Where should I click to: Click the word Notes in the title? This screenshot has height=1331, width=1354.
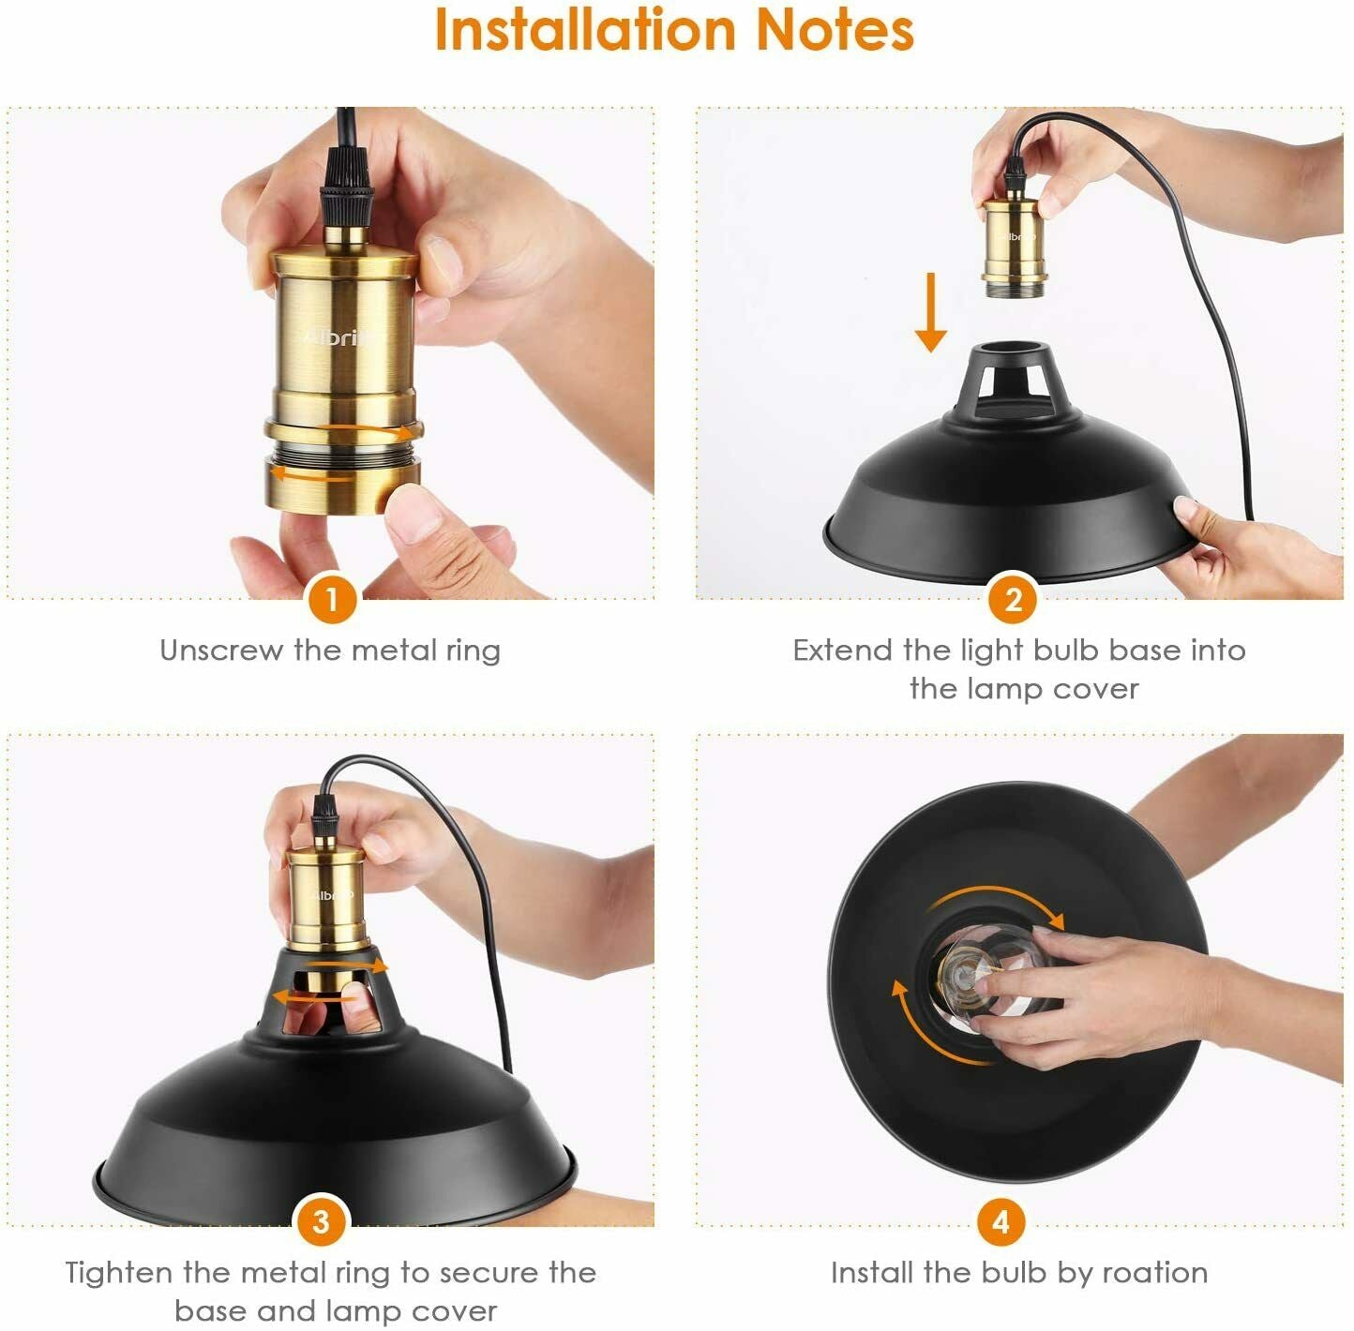pos(834,30)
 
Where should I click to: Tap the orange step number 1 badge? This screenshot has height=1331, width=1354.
pos(331,598)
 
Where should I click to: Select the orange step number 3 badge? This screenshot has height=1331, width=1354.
pos(321,1222)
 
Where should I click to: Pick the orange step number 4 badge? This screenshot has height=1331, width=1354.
pos(1000,1222)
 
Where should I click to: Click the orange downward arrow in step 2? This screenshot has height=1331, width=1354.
pos(930,313)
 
